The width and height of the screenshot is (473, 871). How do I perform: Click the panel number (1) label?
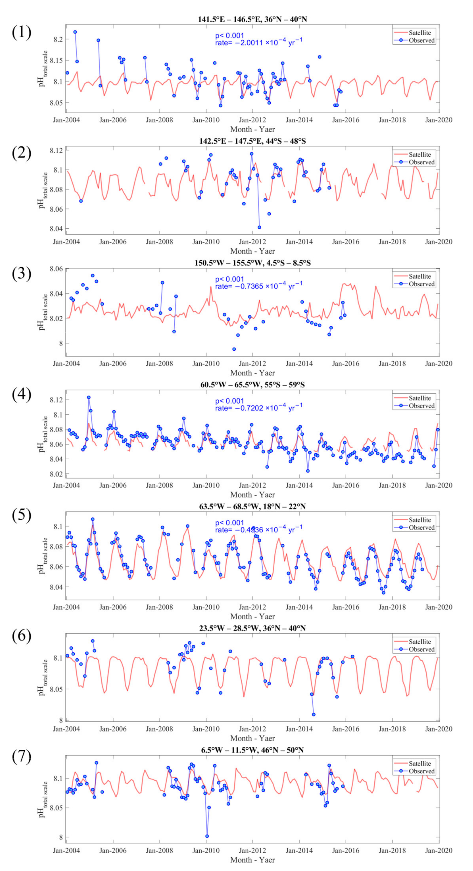pos(21,33)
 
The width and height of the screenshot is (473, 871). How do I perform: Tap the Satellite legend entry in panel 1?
pos(420,33)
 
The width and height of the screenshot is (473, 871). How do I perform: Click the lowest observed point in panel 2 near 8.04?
pos(259,227)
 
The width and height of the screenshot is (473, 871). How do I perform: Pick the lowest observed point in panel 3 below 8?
pos(234,349)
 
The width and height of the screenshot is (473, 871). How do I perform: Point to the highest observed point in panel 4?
pos(89,397)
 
